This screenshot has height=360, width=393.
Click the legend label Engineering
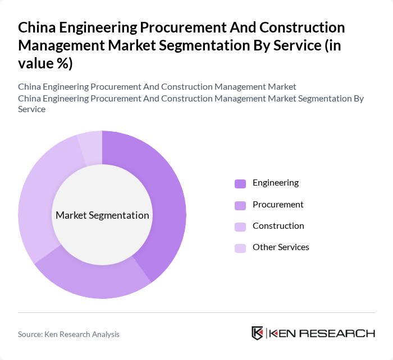(275, 183)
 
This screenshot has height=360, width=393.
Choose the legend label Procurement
(278, 205)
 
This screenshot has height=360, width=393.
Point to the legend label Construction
(278, 226)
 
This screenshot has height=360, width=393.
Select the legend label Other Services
(281, 247)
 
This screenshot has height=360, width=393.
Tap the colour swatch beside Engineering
(240, 183)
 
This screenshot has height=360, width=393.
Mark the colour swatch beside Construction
(240, 227)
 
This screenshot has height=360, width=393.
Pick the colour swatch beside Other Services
(240, 248)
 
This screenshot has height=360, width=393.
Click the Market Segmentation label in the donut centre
(102, 215)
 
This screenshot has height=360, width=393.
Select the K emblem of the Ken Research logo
(257, 333)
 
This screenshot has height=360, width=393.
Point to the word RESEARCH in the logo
(342, 333)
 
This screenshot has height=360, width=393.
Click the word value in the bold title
(36, 63)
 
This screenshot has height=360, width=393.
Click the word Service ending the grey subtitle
(32, 109)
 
